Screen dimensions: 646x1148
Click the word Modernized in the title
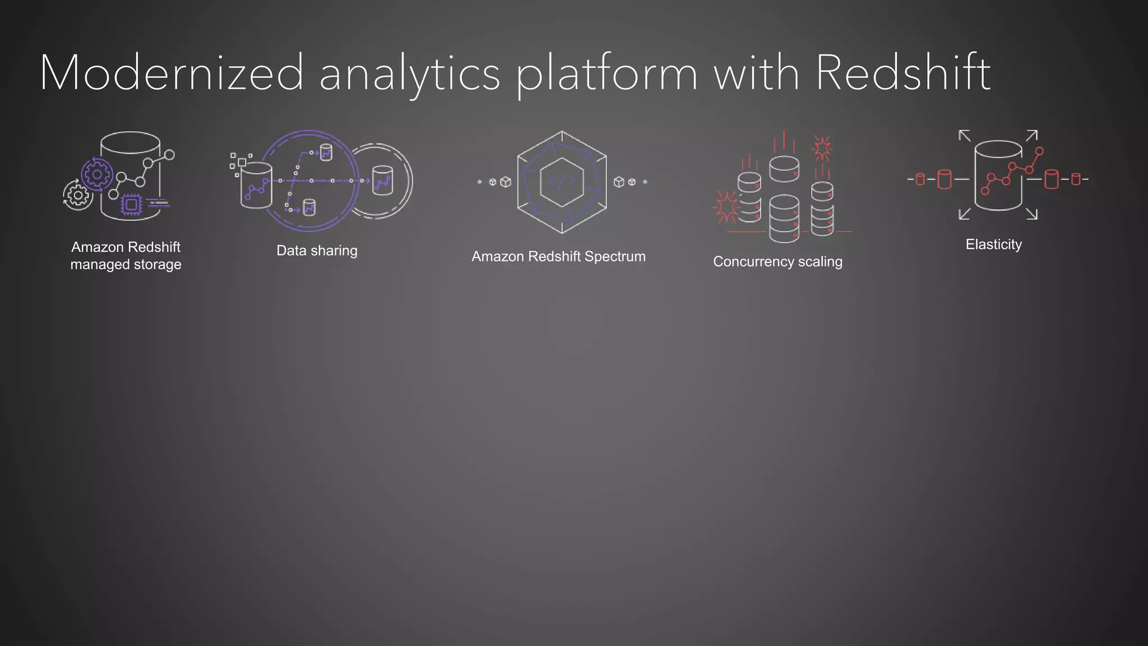[171, 73]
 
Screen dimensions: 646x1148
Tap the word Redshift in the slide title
[902, 73]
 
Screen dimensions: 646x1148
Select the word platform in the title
[607, 75]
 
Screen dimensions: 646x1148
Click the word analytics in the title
[409, 75]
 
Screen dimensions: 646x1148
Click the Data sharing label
[317, 251]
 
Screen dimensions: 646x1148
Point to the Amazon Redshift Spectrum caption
[558, 256]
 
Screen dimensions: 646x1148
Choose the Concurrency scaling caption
[777, 261]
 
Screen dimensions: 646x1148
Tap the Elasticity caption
[993, 244]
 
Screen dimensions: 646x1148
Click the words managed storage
[126, 264]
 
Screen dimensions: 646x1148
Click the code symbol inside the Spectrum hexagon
[562, 181]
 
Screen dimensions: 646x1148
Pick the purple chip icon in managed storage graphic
[132, 205]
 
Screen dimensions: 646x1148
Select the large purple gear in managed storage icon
[97, 174]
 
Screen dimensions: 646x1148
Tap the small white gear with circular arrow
[77, 195]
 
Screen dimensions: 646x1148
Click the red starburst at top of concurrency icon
[822, 149]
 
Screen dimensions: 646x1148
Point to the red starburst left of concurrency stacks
[726, 207]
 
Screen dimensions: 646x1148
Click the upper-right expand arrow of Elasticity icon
[1032, 135]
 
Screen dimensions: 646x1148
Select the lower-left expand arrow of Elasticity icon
[964, 214]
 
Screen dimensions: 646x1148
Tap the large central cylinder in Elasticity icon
[998, 175]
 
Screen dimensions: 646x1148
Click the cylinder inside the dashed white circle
[383, 180]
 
